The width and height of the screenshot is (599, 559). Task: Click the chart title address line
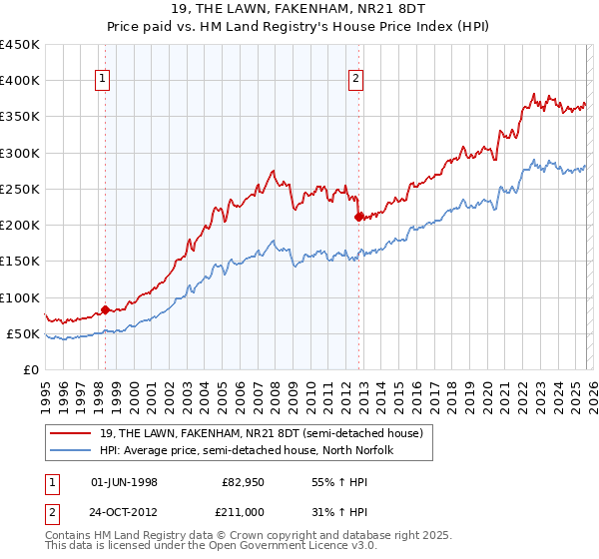coord(299,11)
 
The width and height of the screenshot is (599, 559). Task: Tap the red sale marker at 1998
coord(105,309)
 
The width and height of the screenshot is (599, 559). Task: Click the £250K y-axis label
coord(20,189)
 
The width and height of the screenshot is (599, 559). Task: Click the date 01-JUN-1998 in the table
coord(124,482)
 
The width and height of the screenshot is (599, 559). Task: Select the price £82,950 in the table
coord(243,482)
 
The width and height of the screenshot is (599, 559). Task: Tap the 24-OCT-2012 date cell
coord(124,512)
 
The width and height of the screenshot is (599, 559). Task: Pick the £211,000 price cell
coord(243,512)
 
